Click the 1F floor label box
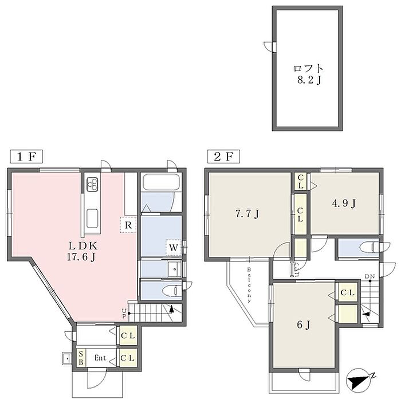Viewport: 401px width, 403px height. [x=26, y=156]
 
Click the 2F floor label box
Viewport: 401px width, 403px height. [x=223, y=156]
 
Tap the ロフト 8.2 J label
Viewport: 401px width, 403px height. [x=308, y=75]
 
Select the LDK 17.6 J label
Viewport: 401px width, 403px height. [x=82, y=251]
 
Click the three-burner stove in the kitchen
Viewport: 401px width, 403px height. [x=92, y=184]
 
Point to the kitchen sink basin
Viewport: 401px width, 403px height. [x=92, y=218]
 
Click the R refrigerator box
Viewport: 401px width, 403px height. [x=128, y=225]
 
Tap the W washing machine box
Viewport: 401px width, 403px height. [x=174, y=248]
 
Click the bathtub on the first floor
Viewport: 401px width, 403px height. [x=161, y=182]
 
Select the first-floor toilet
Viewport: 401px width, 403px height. [x=172, y=291]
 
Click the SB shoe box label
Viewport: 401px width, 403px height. [x=81, y=358]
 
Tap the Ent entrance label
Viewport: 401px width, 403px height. [x=100, y=358]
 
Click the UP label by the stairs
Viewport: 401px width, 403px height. [x=124, y=314]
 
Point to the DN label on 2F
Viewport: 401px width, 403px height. [x=369, y=276]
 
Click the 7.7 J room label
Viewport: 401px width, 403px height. [x=247, y=214]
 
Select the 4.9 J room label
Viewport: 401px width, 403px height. [x=344, y=204]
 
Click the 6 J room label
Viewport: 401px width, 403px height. [x=304, y=325]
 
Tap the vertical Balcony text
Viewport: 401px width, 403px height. [x=249, y=285]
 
